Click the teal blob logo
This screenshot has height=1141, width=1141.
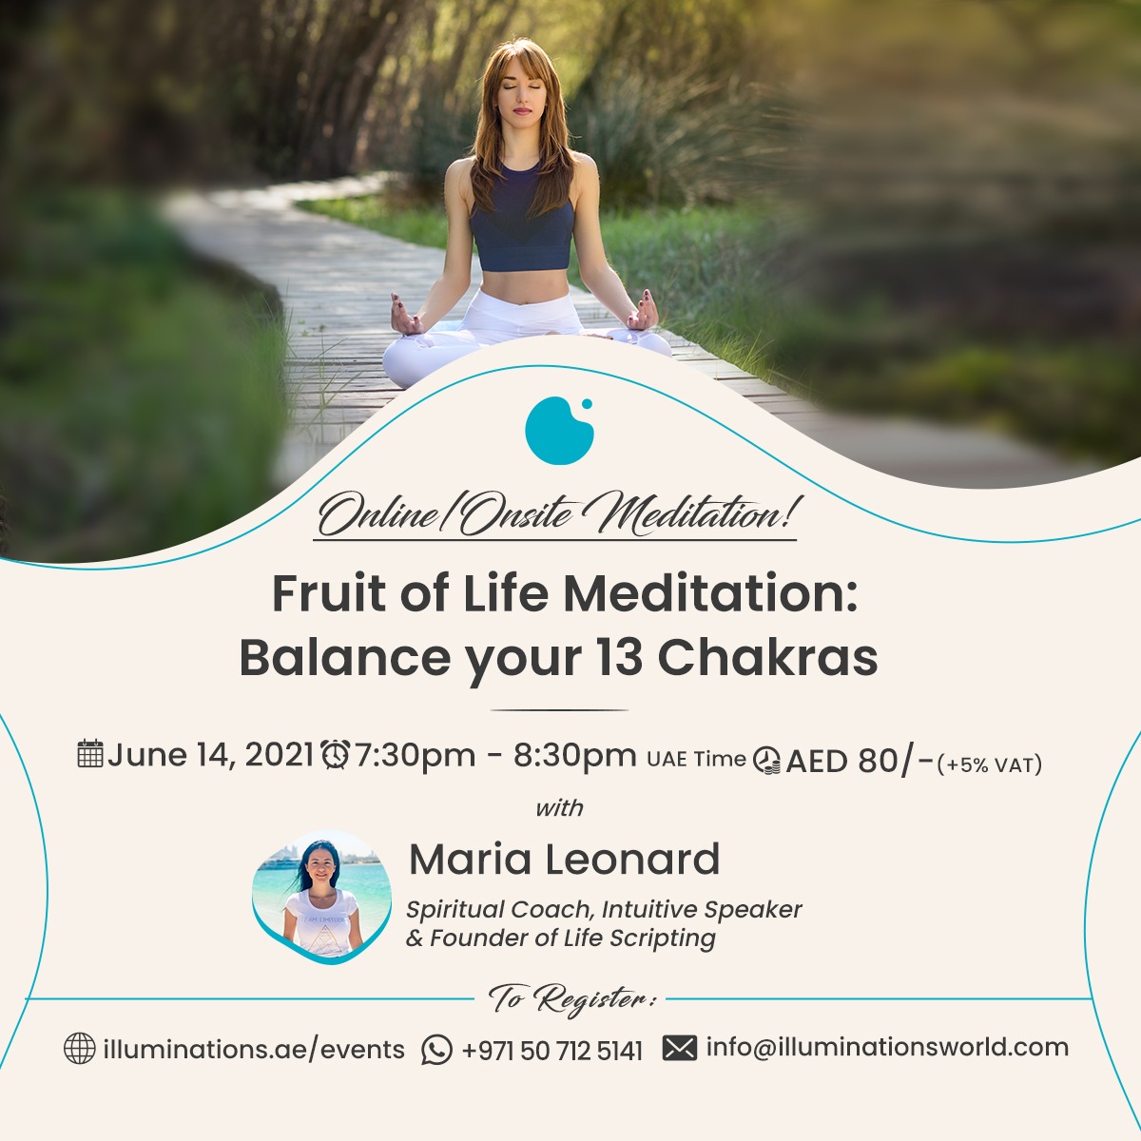pos(559,431)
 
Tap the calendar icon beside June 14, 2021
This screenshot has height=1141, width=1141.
pos(90,754)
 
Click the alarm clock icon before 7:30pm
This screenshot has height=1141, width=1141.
pos(335,754)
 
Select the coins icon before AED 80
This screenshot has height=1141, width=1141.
pos(766,761)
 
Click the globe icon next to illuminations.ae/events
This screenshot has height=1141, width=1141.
pos(79,1049)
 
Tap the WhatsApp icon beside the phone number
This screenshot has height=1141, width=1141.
pos(437,1050)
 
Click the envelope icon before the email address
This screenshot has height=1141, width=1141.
pos(680,1048)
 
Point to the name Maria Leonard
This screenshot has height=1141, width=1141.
pos(564,860)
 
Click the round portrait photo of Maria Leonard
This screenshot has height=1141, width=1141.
pos(321,896)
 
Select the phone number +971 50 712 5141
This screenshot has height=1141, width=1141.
pos(551,1051)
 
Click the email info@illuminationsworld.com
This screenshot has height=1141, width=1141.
pos(887,1048)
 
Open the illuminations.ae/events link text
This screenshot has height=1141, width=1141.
pos(254,1049)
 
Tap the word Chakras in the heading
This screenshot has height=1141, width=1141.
pos(767,658)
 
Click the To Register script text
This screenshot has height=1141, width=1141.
pos(572,1000)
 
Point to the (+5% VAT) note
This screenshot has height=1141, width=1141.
pos(990,765)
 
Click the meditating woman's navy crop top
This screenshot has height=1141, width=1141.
pos(522,220)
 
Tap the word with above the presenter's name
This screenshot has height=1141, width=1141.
pos(559,808)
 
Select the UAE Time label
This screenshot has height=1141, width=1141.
pos(696,759)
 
